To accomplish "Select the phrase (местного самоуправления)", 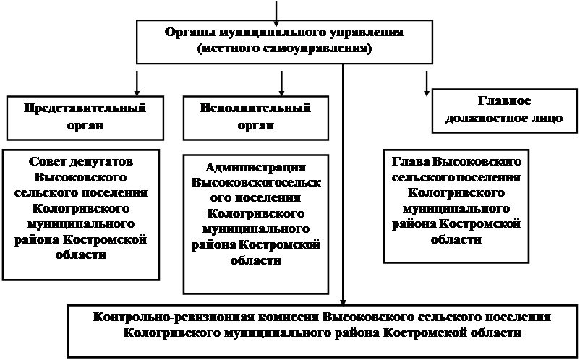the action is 284,48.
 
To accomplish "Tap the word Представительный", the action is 85,108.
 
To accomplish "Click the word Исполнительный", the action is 255,108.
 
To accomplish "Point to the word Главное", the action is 504,100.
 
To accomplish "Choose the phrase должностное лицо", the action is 504,119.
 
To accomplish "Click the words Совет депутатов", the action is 81,161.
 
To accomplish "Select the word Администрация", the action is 255,168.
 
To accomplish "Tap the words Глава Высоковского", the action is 456,161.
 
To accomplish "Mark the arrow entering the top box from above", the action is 276,10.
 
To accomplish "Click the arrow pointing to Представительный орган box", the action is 137,84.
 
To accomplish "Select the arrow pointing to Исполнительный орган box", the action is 281,84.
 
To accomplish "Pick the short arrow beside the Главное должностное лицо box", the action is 427,84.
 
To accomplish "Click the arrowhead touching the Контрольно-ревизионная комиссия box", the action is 343,302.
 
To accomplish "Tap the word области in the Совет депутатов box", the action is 81,255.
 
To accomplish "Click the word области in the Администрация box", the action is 255,260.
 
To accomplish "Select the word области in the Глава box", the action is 456,239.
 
